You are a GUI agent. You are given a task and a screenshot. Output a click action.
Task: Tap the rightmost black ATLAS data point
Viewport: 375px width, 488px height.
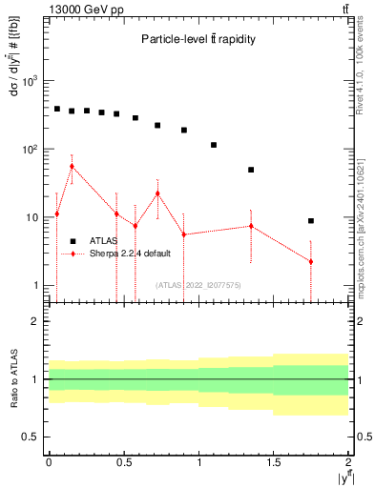[x=311, y=220]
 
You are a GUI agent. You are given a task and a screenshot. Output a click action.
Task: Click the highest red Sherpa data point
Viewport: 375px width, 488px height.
[x=72, y=166]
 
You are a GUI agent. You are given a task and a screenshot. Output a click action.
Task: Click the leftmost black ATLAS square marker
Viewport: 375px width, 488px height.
[x=56, y=109]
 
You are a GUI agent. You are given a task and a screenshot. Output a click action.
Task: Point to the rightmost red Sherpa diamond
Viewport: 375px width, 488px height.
[x=311, y=261]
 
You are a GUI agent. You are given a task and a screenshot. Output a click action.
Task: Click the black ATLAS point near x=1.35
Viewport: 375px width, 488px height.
[x=251, y=170]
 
